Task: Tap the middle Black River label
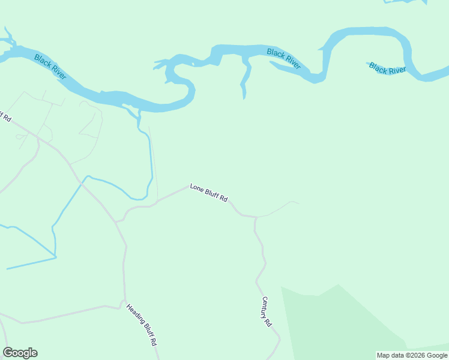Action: tap(284, 59)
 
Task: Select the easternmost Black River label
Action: tap(388, 68)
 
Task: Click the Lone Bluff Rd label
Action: tap(209, 193)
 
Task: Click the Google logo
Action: tap(20, 353)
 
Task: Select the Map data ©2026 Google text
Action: tap(412, 355)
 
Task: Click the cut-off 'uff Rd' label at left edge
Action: tap(5, 116)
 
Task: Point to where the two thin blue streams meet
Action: tap(55, 257)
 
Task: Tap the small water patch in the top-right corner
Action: tap(406, 2)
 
